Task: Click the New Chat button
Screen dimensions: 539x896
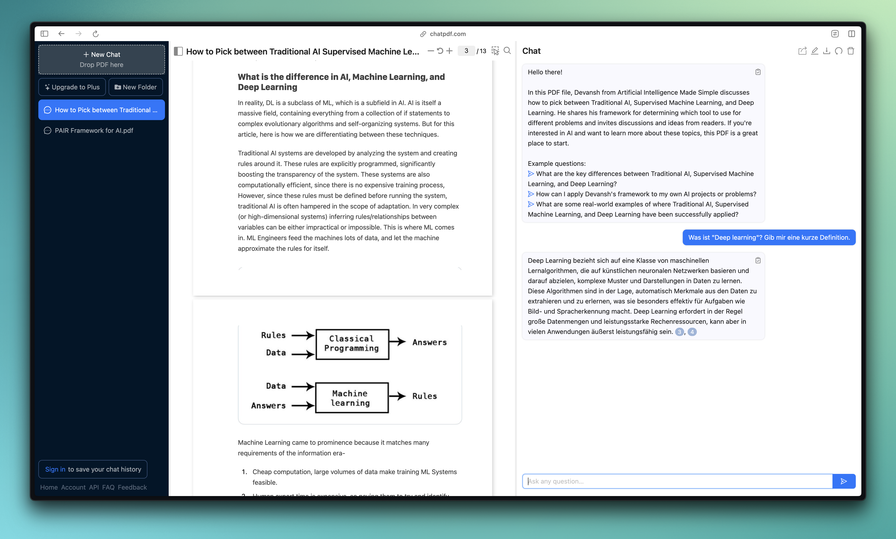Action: (x=101, y=55)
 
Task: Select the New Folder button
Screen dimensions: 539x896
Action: (x=136, y=87)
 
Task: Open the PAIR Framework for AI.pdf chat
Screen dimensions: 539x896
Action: (x=94, y=130)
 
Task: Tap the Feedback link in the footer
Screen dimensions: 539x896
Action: (x=132, y=487)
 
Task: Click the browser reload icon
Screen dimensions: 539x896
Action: (x=96, y=34)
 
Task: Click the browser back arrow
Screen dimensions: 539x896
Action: (x=61, y=34)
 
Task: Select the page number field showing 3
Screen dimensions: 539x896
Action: (x=466, y=51)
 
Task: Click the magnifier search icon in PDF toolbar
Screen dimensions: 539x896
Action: (x=507, y=51)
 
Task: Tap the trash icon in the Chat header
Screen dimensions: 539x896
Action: (x=850, y=51)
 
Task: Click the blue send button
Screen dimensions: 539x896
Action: (x=844, y=481)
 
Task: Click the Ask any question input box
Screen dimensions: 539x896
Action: (x=677, y=481)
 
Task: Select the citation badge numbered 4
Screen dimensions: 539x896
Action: (x=692, y=332)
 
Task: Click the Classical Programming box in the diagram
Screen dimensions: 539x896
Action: (x=352, y=344)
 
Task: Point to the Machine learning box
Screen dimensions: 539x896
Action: (x=351, y=398)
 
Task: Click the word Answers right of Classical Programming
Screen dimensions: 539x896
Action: (x=429, y=342)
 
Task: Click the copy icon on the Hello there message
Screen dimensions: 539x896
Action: (x=758, y=72)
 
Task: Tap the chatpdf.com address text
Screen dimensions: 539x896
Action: (x=448, y=34)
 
